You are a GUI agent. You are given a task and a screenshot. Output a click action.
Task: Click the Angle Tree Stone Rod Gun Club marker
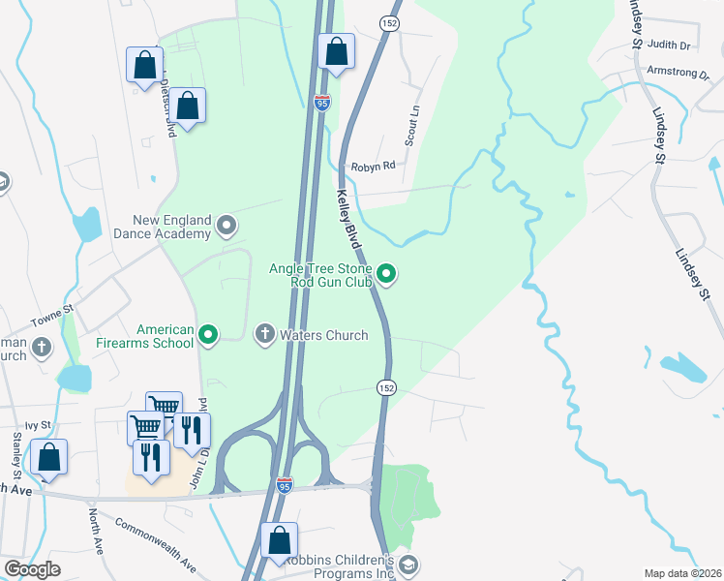coord(387,275)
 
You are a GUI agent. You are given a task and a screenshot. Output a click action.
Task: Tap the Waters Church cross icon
coord(264,335)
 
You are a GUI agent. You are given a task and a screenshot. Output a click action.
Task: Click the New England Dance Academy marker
coord(227,227)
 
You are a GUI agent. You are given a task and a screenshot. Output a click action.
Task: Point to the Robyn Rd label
coord(374,166)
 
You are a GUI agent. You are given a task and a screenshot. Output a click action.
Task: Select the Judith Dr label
coord(669,45)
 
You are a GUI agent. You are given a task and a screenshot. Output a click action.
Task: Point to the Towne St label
coord(51,312)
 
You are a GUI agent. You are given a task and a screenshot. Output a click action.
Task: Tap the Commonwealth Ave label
coord(155,545)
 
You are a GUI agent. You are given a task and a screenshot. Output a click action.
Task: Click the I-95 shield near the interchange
coord(285,483)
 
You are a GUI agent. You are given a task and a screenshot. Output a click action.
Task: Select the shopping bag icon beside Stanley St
coord(47,457)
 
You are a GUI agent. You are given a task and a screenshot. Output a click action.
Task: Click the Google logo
coord(32,568)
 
